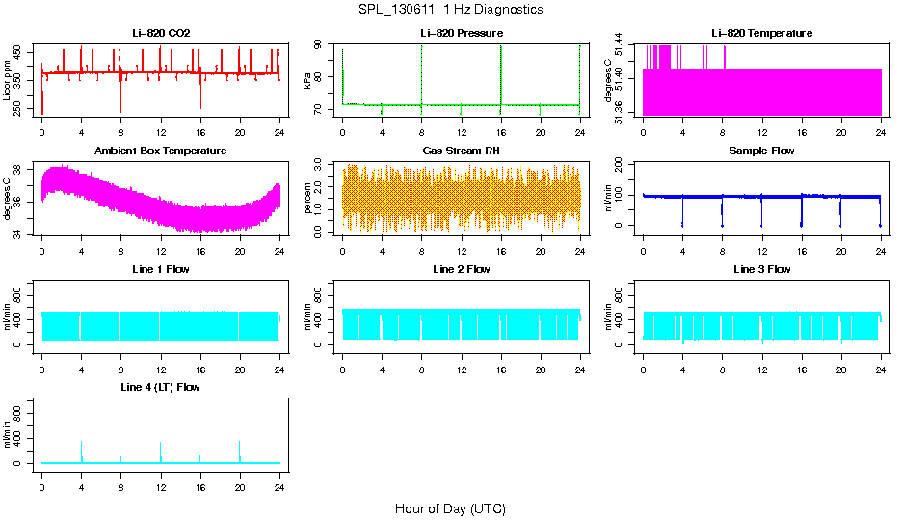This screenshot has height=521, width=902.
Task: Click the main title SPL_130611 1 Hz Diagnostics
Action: click(x=450, y=10)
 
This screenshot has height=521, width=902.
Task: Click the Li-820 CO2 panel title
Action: click(x=161, y=34)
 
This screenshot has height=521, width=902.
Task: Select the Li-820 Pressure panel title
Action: click(x=461, y=34)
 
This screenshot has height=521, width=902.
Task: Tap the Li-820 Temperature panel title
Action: click(x=761, y=34)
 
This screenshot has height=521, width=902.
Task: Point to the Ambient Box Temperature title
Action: click(x=161, y=151)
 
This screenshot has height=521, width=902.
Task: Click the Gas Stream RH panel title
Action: click(x=461, y=151)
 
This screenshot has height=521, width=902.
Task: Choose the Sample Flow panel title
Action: click(x=761, y=151)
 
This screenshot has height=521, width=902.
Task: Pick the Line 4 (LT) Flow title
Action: click(x=161, y=388)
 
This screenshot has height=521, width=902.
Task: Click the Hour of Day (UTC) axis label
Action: click(x=450, y=508)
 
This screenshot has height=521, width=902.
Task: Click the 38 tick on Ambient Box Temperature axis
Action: click(x=21, y=170)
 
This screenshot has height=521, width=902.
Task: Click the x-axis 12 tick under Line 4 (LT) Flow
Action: click(x=160, y=480)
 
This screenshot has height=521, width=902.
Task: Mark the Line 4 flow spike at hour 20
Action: click(x=239, y=444)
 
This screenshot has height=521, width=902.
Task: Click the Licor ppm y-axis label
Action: click(x=9, y=81)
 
